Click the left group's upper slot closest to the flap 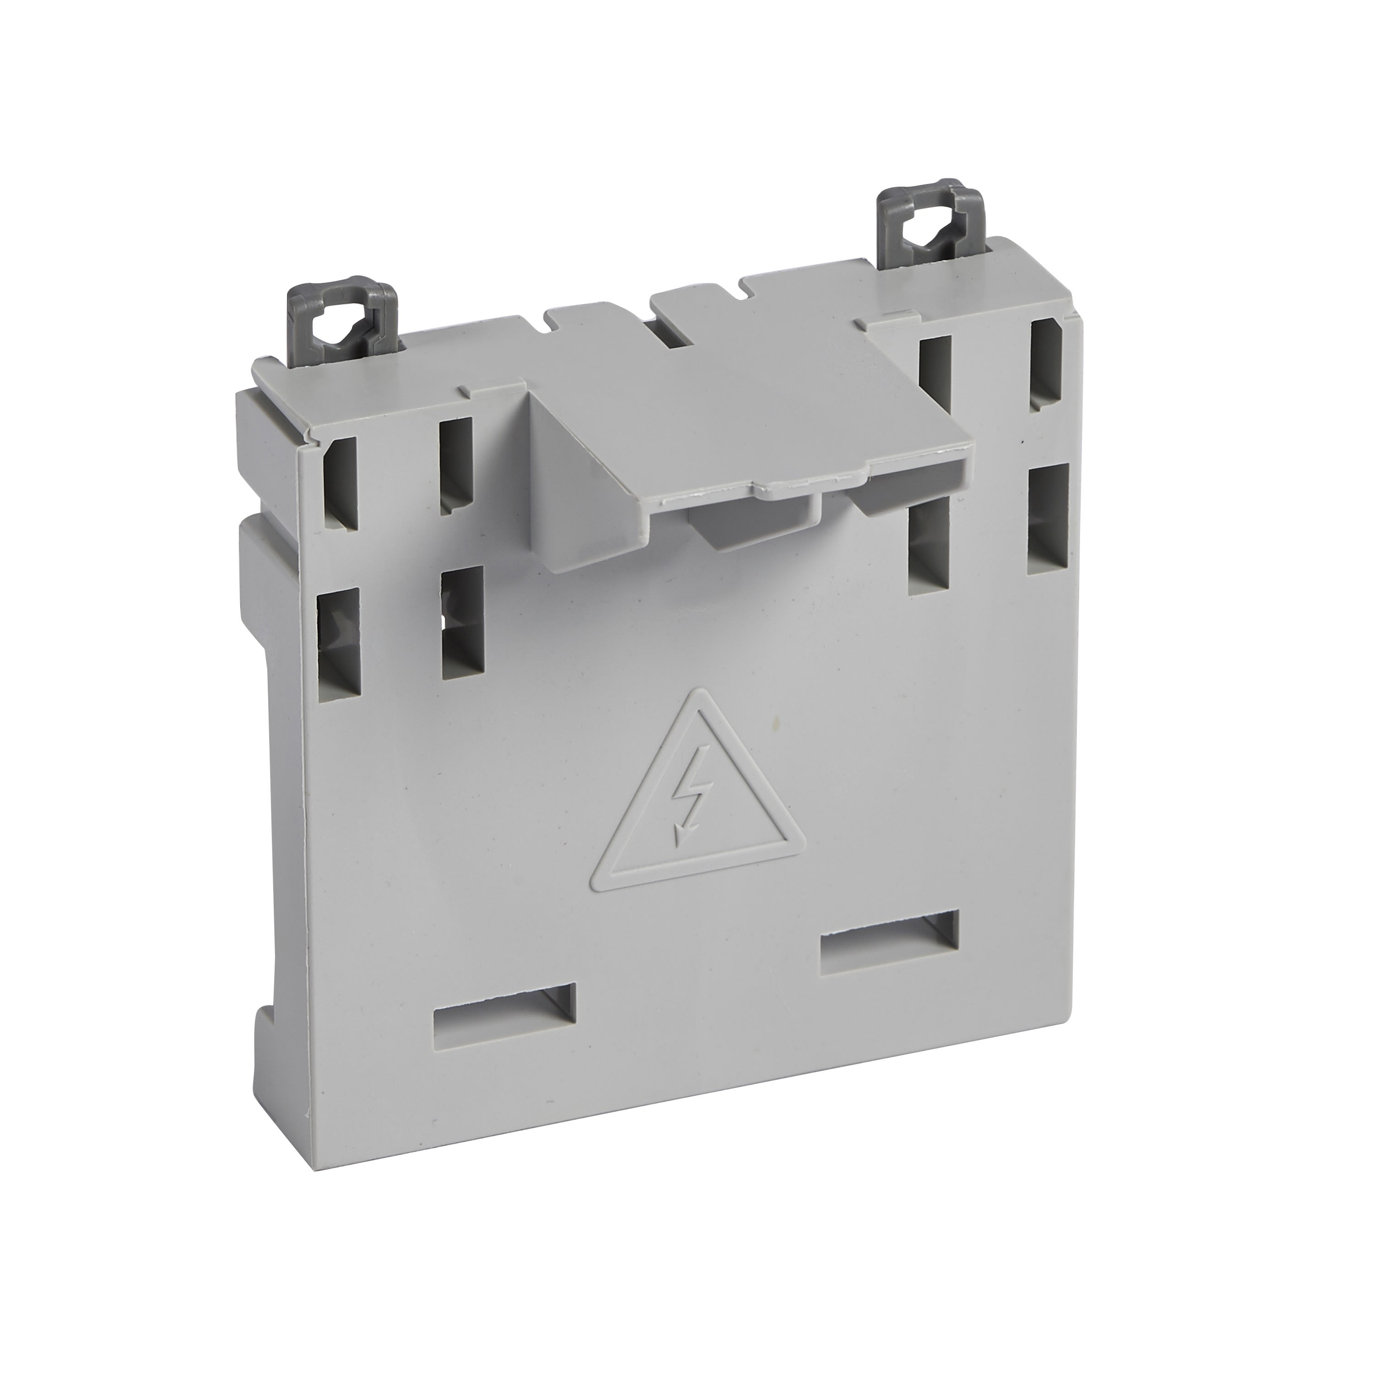[x=455, y=465]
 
